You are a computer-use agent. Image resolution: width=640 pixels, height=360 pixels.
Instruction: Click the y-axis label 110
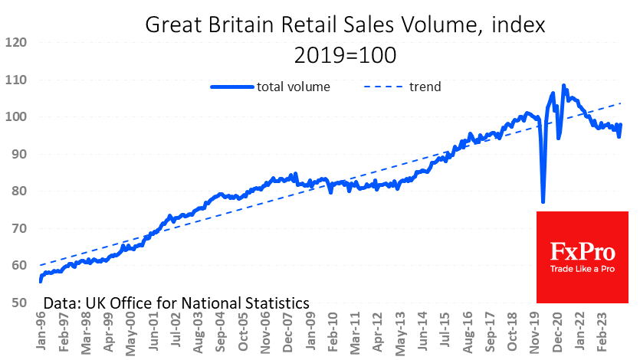tap(17, 80)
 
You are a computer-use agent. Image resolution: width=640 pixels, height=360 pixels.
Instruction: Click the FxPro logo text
tap(582, 251)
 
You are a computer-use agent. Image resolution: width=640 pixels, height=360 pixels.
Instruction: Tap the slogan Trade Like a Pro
tap(582, 269)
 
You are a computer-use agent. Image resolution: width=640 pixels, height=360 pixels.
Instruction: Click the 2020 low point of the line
tap(543, 201)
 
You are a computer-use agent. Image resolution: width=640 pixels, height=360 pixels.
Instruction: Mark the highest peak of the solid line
tap(564, 86)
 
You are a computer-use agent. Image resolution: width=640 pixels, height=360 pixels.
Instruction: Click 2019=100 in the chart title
tap(345, 55)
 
